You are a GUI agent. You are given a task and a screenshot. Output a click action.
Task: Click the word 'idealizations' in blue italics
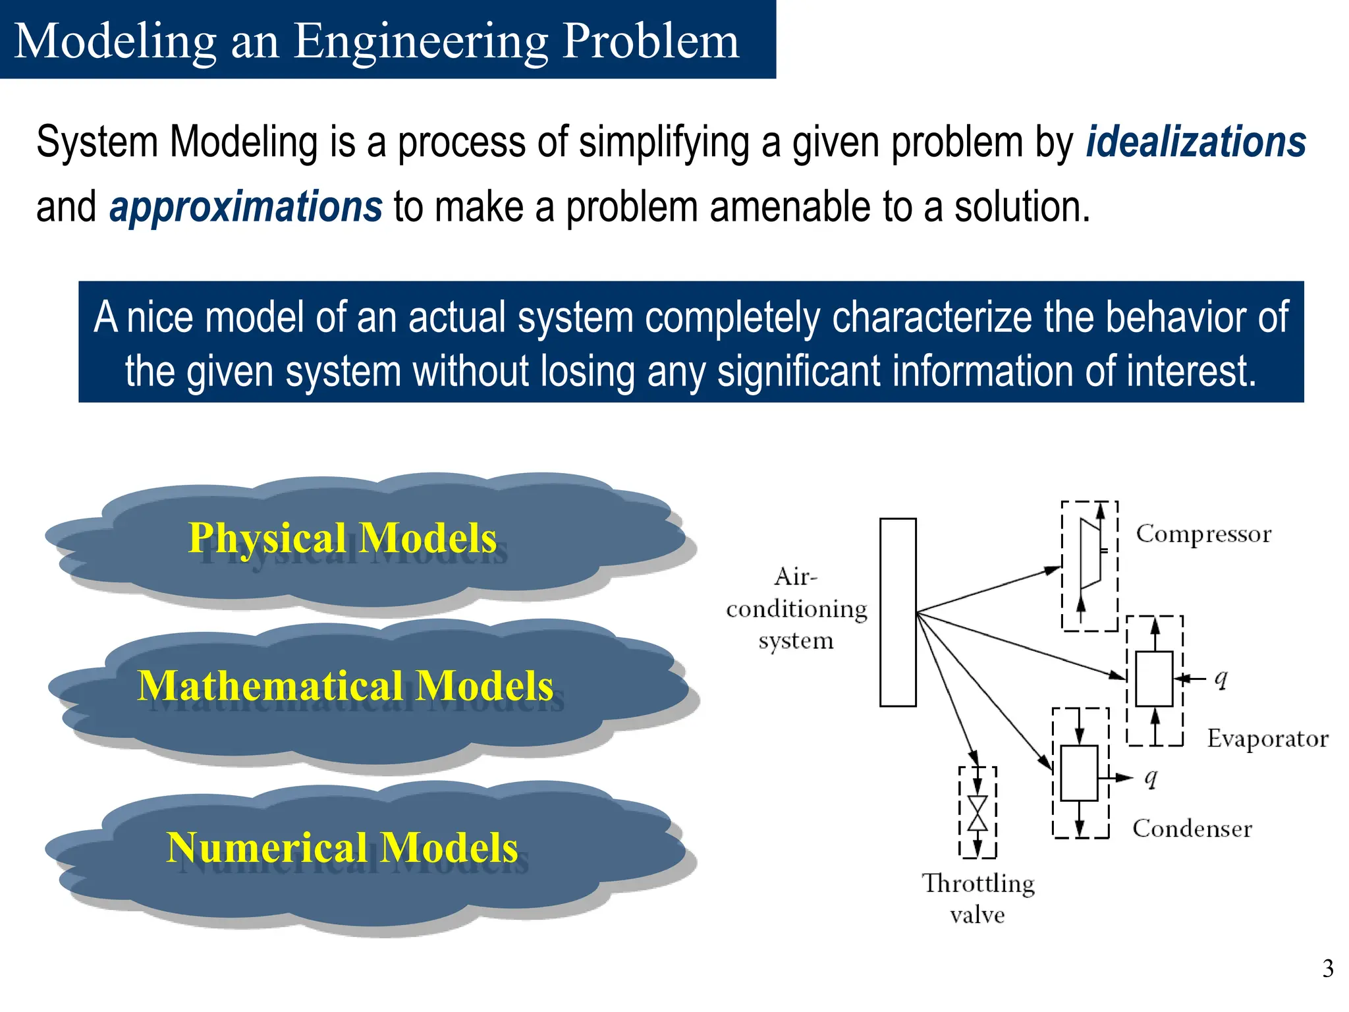(x=1196, y=142)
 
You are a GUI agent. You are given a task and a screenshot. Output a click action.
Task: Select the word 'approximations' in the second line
(x=245, y=207)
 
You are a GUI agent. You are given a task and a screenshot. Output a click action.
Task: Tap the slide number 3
(x=1327, y=969)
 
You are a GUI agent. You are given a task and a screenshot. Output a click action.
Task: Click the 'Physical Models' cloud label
(x=343, y=538)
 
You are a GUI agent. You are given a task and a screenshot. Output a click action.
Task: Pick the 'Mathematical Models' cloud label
(x=345, y=686)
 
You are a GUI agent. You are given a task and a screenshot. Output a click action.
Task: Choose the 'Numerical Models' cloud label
(x=343, y=847)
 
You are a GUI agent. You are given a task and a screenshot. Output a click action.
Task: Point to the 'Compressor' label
(x=1203, y=534)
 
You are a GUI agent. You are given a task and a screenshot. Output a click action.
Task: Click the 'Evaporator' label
(x=1267, y=739)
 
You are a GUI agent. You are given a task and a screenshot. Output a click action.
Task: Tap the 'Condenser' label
(x=1192, y=828)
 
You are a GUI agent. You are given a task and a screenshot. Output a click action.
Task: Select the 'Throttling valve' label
(x=978, y=898)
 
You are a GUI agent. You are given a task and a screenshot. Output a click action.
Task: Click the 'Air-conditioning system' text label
(x=796, y=609)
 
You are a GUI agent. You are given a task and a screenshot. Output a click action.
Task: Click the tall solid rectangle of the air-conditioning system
(x=898, y=612)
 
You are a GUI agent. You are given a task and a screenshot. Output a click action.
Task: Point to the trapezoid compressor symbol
(x=1090, y=553)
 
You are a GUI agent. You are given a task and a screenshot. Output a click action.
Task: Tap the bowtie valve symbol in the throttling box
(x=977, y=812)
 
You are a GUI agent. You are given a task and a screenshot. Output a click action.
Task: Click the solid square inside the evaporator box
(x=1154, y=679)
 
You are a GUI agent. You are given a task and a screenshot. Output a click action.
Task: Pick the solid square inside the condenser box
(x=1079, y=773)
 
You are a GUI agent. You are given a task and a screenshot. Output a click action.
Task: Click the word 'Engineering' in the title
(x=420, y=41)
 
